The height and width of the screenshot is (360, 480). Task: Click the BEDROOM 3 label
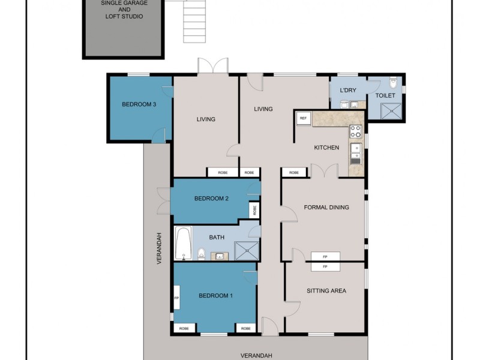(139, 104)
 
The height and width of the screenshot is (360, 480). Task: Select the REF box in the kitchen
(303, 119)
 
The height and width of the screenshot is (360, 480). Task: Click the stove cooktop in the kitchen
(355, 130)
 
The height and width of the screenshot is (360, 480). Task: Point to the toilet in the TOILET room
(394, 82)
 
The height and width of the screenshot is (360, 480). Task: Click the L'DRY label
(348, 91)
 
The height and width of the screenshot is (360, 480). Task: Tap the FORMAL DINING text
(326, 208)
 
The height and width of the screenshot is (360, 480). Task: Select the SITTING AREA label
(326, 291)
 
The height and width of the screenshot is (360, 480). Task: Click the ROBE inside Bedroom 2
(255, 211)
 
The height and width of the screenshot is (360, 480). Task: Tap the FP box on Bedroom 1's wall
(176, 298)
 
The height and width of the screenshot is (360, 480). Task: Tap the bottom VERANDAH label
(257, 355)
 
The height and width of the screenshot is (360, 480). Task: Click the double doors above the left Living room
(213, 66)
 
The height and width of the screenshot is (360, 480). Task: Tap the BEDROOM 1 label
(216, 296)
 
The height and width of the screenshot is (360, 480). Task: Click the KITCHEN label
(326, 148)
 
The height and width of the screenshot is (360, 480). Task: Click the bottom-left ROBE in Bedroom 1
(184, 328)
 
